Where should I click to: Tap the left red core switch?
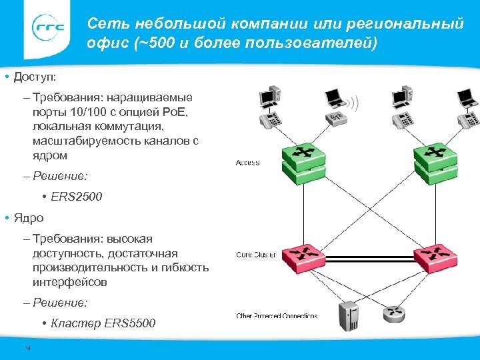pyautogui.click(x=303, y=256)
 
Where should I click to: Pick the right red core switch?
pyautogui.click(x=435, y=256)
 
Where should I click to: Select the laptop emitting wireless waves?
pyautogui.click(x=337, y=98)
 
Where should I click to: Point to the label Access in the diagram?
pyautogui.click(x=247, y=163)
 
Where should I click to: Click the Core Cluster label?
pyautogui.click(x=256, y=255)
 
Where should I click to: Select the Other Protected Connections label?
pyautogui.click(x=277, y=315)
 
